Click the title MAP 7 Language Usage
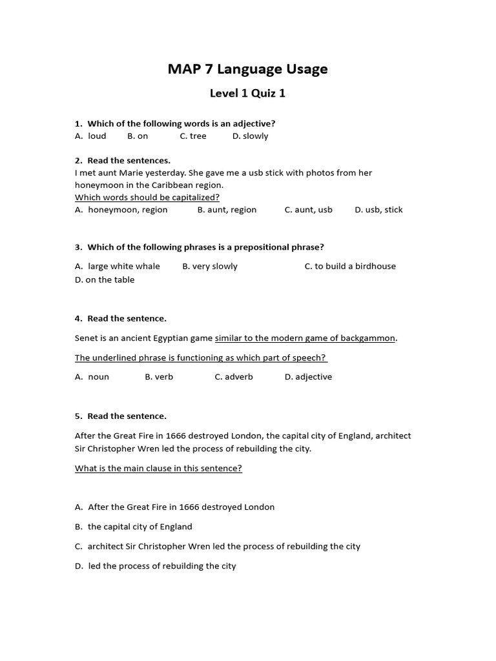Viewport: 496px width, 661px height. (x=247, y=69)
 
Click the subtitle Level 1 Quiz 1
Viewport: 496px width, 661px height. (x=247, y=94)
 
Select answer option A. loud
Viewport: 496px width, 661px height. (x=90, y=136)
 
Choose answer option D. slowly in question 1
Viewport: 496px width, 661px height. (x=250, y=136)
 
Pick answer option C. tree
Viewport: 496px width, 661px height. (x=193, y=136)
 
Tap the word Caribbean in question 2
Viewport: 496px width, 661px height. (x=171, y=185)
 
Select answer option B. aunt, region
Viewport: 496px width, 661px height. (x=227, y=210)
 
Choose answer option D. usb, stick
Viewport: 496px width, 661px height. (x=378, y=210)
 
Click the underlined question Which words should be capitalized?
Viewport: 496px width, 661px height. (x=147, y=197)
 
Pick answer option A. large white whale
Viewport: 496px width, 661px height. (x=118, y=266)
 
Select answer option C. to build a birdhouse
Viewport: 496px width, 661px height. (x=350, y=266)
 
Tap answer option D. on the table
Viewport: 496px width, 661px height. (x=105, y=280)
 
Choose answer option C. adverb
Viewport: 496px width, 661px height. (x=234, y=377)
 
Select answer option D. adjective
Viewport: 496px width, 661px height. (x=308, y=377)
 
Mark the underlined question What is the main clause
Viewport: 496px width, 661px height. (x=158, y=469)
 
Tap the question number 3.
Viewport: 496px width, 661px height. (x=78, y=247)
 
